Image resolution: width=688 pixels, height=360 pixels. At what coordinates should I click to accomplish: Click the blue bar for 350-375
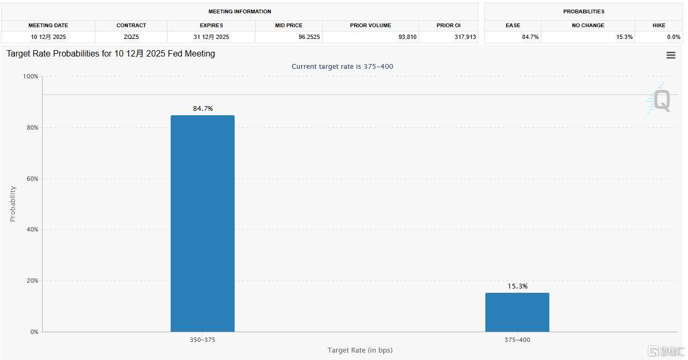click(203, 223)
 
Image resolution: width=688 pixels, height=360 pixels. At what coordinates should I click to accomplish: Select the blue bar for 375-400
click(517, 312)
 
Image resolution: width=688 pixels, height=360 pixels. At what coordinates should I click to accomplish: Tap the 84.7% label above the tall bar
click(203, 109)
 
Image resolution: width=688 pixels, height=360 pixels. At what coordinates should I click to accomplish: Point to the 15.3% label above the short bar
click(517, 286)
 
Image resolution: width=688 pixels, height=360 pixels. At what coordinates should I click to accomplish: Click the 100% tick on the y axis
click(30, 77)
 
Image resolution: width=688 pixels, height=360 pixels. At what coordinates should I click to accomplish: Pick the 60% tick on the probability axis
click(32, 179)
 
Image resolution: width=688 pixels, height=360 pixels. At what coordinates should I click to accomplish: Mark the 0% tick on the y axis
click(34, 332)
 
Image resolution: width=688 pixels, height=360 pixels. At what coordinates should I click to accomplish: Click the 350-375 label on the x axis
click(203, 340)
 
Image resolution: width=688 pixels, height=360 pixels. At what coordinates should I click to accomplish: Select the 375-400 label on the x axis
click(517, 340)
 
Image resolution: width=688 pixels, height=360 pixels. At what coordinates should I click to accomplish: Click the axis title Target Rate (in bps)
click(360, 350)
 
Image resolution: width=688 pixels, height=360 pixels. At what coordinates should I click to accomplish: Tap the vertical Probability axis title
click(13, 204)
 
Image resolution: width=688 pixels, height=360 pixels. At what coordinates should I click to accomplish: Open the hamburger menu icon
click(671, 55)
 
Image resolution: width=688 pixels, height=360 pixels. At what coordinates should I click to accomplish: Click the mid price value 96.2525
click(309, 37)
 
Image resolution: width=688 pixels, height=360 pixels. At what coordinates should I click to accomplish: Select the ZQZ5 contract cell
click(131, 37)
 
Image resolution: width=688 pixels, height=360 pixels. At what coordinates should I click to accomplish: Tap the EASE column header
click(513, 25)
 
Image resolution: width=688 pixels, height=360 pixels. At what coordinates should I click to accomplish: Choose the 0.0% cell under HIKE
click(674, 37)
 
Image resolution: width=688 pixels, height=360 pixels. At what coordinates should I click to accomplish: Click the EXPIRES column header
click(211, 25)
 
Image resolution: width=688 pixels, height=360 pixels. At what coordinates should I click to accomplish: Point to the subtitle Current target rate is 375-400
click(342, 67)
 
